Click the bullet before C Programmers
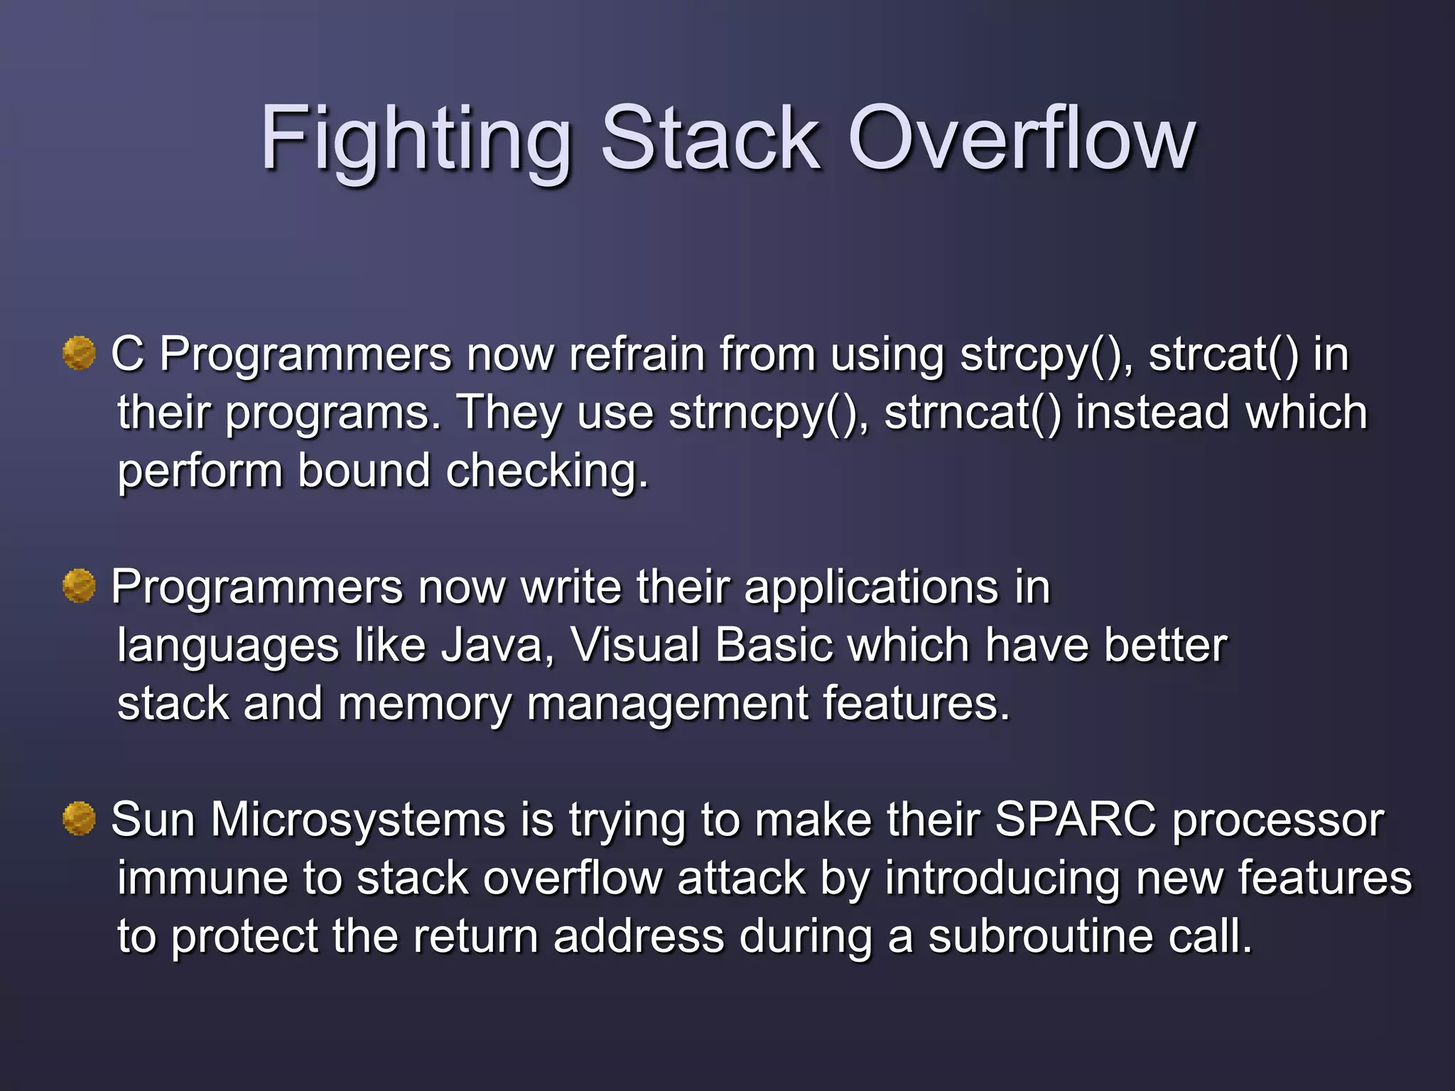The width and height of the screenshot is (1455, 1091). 79,353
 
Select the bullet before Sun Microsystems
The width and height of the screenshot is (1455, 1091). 79,819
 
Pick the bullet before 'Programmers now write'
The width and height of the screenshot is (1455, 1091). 79,586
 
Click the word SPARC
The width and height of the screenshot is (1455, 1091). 1076,820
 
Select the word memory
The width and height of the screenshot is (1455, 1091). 424,704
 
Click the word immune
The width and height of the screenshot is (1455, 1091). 202,878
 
